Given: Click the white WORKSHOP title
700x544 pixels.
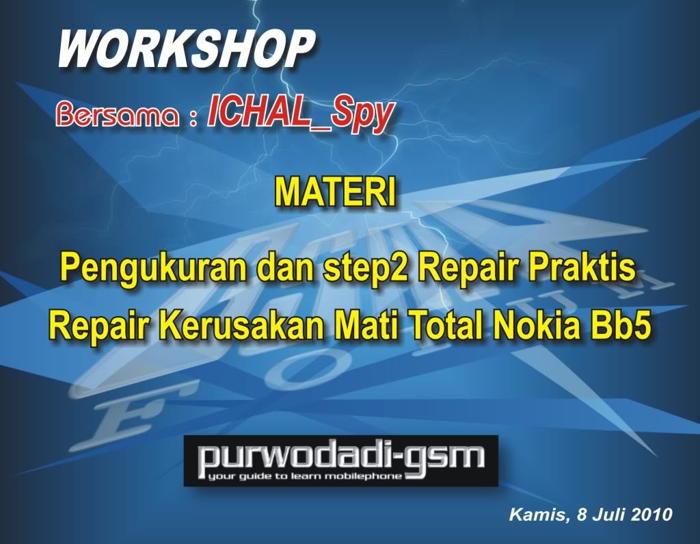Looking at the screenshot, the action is click(x=185, y=49).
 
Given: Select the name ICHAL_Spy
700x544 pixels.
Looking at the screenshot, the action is click(x=300, y=114).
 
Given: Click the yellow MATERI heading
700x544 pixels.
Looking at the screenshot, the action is click(x=335, y=193).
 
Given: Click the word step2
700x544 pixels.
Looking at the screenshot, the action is click(x=365, y=268).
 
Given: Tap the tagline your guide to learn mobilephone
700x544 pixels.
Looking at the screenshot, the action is click(x=305, y=476).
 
